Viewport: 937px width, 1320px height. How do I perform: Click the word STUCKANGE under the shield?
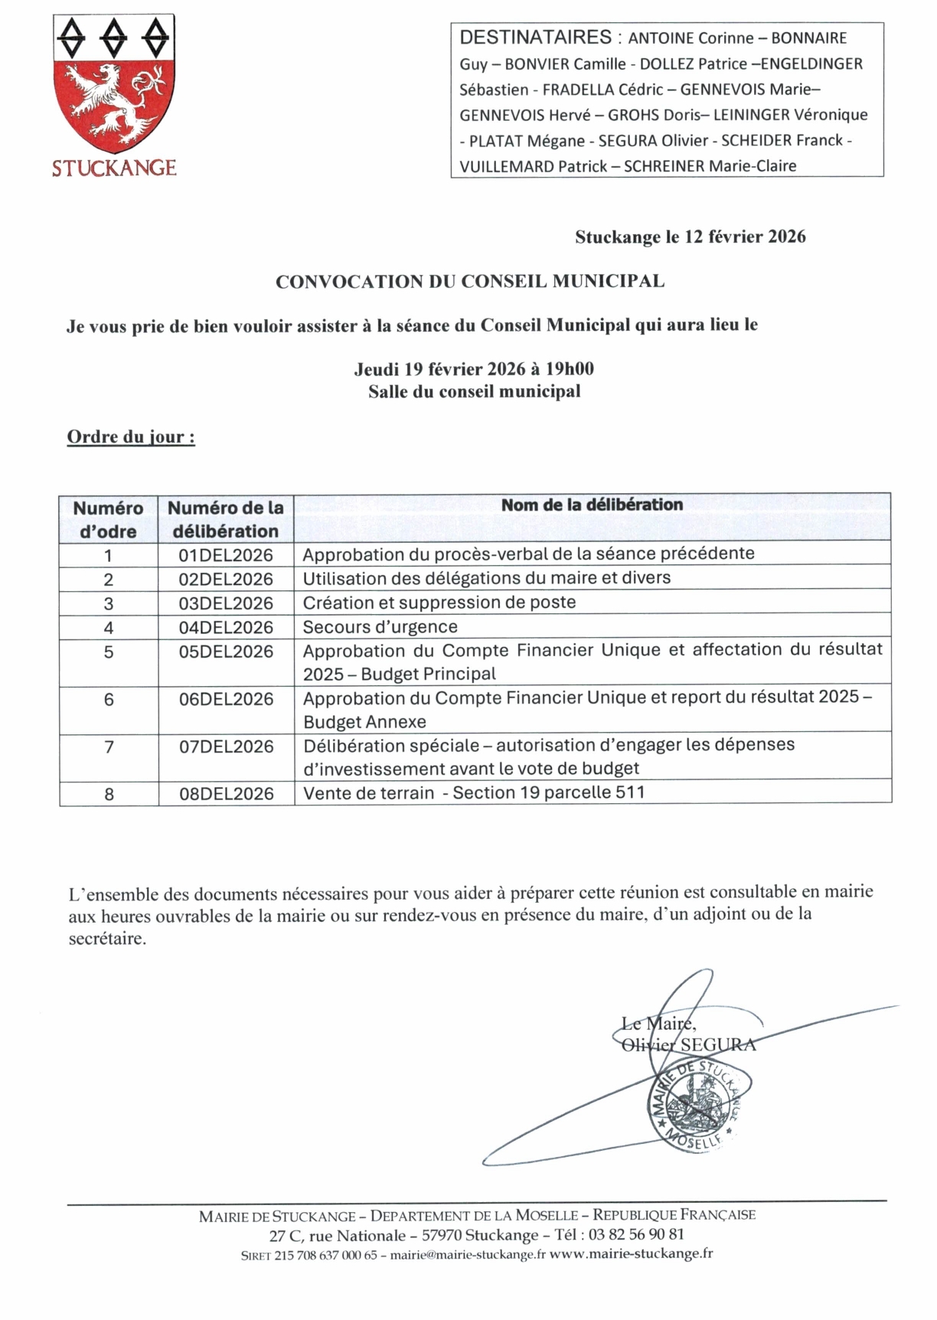pos(114,168)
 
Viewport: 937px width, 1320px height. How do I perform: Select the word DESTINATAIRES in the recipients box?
pos(535,37)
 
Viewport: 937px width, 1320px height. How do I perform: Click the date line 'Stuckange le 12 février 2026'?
pos(690,237)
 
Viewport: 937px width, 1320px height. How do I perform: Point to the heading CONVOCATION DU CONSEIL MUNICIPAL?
pos(469,281)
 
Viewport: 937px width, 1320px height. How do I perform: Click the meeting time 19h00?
pos(570,369)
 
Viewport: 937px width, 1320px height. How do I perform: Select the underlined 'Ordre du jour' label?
pos(131,437)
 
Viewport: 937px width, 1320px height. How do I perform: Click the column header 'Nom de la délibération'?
pos(592,505)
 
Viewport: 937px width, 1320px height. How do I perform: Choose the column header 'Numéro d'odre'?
pos(108,519)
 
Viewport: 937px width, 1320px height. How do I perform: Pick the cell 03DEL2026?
pos(226,603)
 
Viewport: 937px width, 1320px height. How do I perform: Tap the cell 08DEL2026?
pos(226,794)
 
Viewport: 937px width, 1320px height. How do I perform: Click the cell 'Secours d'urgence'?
pos(380,627)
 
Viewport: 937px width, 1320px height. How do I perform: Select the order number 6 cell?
pos(109,699)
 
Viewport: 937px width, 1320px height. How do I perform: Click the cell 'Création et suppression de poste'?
pos(439,603)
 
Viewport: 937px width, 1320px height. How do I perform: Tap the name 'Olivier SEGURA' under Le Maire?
pos(688,1044)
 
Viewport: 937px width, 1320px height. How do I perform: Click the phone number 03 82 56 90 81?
pos(636,1234)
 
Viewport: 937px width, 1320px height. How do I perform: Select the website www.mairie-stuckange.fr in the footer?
pos(632,1254)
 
